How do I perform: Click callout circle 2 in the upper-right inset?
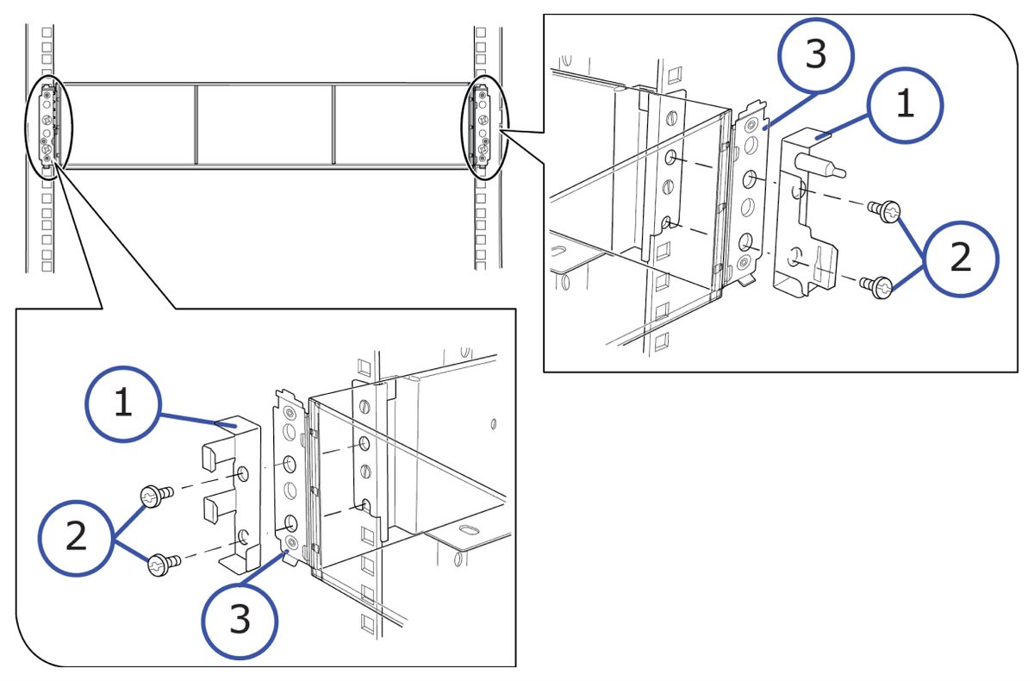click(959, 257)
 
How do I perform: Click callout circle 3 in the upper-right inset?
click(814, 55)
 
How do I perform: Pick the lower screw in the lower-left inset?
click(161, 565)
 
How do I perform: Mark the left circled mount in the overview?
click(49, 123)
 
